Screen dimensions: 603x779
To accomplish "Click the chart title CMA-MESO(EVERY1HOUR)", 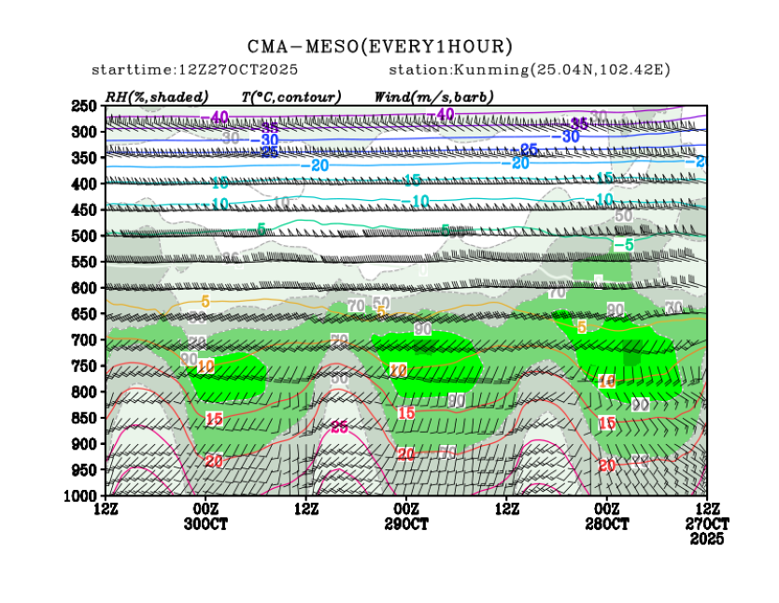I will (x=379, y=46).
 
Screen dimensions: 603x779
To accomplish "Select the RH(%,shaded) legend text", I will (x=157, y=96).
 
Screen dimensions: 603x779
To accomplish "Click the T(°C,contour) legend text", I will (x=290, y=96).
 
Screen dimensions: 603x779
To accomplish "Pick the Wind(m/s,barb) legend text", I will (x=433, y=96).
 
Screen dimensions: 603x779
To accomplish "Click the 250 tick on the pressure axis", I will (x=85, y=107).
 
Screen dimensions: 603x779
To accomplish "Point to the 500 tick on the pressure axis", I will (x=85, y=236).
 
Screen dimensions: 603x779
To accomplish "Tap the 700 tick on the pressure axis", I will (x=85, y=339).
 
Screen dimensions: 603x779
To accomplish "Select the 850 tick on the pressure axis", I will (x=85, y=417).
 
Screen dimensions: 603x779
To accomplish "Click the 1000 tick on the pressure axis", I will (x=82, y=495).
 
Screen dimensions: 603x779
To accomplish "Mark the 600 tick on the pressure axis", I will (x=85, y=288).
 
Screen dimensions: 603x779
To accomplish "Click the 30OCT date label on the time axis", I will (x=205, y=524).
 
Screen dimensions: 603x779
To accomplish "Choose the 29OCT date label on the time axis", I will (x=406, y=524).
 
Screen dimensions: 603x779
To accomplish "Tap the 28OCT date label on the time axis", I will (x=608, y=524).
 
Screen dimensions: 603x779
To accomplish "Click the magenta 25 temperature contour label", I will (x=339, y=427).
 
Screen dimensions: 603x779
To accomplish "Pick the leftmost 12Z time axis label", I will (x=106, y=509).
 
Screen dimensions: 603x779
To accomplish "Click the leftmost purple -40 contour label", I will (x=219, y=117).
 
